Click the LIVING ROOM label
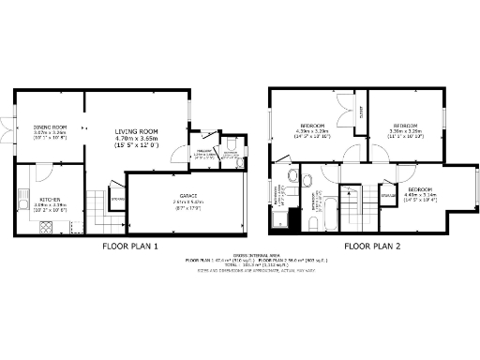(x=137, y=131)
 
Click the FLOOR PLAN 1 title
(x=129, y=247)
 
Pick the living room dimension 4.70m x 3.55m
(x=137, y=139)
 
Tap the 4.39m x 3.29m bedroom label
(x=312, y=126)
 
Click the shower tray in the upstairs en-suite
(x=280, y=218)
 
